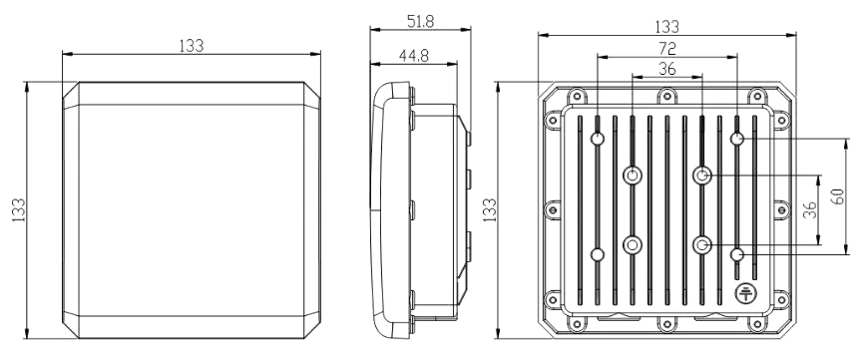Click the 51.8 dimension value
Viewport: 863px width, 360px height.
click(420, 22)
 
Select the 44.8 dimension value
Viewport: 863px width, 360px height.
click(414, 56)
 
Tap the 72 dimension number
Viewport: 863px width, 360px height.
click(667, 49)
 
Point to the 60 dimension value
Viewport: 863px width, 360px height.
click(837, 196)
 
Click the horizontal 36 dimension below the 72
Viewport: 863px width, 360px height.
click(667, 69)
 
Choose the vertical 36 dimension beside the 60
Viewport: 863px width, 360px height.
click(809, 209)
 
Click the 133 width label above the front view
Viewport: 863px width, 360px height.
click(192, 46)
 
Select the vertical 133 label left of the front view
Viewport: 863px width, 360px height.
click(18, 209)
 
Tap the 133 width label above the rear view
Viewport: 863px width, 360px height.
click(667, 26)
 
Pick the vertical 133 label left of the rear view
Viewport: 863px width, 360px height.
click(489, 209)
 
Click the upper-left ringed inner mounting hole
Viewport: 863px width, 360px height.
click(633, 176)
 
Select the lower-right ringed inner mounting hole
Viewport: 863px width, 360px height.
click(701, 244)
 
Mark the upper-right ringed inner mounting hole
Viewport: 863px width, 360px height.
click(701, 176)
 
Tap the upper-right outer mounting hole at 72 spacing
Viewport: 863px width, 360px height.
click(737, 139)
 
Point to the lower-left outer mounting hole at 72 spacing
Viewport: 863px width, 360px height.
click(598, 254)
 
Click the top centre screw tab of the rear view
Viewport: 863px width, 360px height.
click(667, 96)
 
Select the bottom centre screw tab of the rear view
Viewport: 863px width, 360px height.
click(667, 324)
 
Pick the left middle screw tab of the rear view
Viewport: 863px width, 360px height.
click(553, 209)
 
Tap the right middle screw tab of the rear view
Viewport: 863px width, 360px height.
click(781, 209)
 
